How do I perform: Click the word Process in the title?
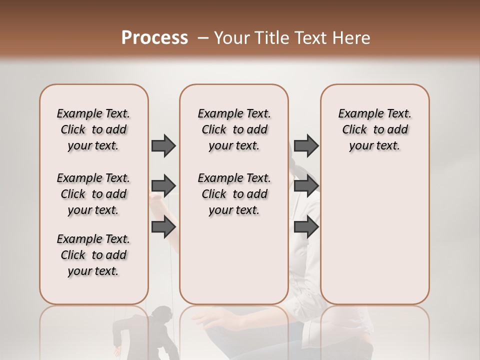(154, 38)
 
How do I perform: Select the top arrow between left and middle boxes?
(163, 145)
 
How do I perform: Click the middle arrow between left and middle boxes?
(163, 186)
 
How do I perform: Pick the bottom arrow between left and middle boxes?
(163, 227)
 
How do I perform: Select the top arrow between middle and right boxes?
(306, 145)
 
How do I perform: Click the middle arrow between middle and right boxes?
(306, 186)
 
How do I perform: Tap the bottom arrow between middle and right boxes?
(306, 227)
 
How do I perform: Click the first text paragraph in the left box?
(93, 129)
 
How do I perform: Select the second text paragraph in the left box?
(93, 194)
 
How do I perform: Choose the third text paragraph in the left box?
(93, 255)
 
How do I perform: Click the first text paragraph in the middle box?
(234, 129)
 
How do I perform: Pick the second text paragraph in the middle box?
(234, 194)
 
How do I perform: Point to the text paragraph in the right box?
(374, 129)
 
